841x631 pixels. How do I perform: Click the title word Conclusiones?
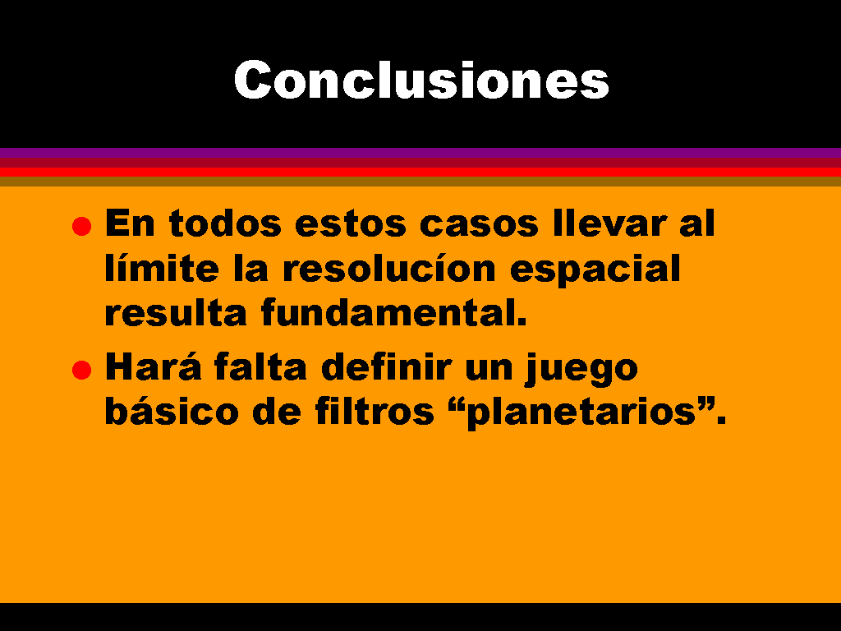pos(421,80)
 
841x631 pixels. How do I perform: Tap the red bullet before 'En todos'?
pos(81,226)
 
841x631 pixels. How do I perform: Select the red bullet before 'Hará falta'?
pos(81,370)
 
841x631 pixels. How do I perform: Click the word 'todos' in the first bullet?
pos(225,223)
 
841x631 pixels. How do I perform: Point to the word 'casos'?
pos(479,224)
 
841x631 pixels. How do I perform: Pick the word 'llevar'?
pos(610,223)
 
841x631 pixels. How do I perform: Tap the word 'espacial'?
pos(595,270)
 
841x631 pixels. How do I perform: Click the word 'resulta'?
pos(176,312)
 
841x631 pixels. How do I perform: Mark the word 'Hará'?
pos(153,366)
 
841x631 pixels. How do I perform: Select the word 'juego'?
pos(581,370)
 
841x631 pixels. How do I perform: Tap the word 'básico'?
pos(172,411)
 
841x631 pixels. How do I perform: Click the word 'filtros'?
pos(375,411)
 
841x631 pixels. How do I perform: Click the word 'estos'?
pos(350,224)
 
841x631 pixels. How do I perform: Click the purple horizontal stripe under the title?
pos(420,152)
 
